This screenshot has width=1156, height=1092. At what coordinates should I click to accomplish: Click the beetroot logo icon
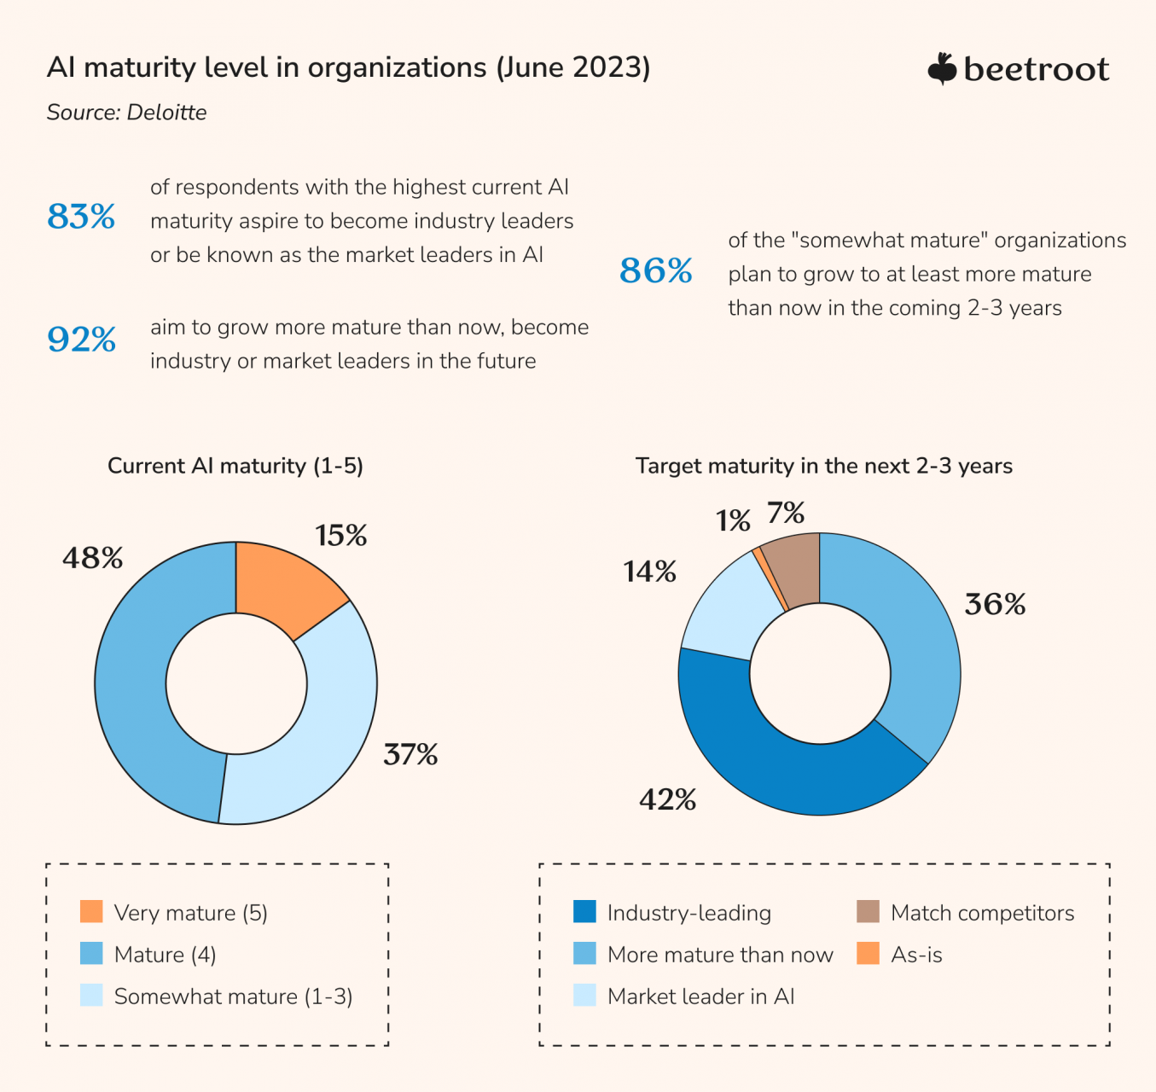[942, 69]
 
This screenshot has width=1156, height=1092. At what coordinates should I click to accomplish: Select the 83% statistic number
[81, 217]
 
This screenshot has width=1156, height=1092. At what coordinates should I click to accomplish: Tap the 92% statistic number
[81, 340]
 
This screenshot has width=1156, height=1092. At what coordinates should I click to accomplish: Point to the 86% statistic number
[655, 271]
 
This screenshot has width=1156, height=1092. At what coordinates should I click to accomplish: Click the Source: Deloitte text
[126, 113]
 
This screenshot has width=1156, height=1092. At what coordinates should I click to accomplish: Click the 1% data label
[733, 520]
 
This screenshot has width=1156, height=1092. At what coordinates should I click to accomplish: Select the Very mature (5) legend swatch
[91, 912]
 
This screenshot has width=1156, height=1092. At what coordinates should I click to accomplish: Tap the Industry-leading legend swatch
[585, 912]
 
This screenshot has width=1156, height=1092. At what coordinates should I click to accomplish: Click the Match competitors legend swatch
[868, 912]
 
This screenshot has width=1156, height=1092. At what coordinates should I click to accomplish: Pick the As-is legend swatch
[868, 954]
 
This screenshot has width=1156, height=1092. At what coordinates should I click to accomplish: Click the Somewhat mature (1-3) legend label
[233, 996]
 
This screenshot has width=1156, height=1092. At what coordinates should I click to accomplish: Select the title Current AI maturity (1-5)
[235, 466]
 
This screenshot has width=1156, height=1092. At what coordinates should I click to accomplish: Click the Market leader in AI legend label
[700, 996]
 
